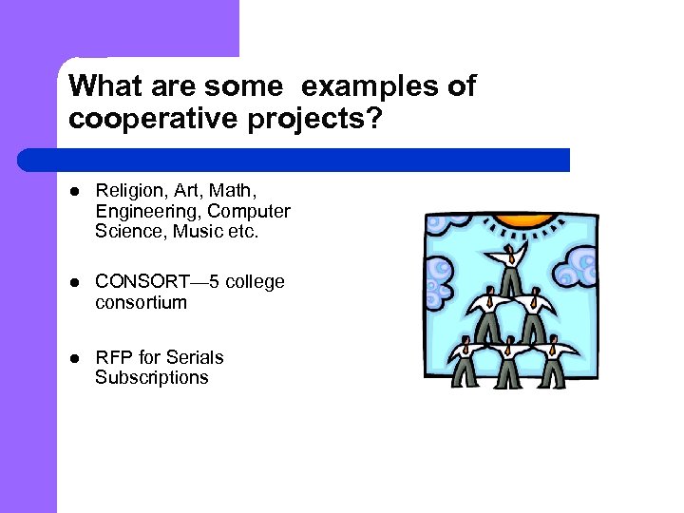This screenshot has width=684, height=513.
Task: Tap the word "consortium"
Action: pyautogui.click(x=141, y=302)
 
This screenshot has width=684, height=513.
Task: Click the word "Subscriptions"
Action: pyautogui.click(x=151, y=377)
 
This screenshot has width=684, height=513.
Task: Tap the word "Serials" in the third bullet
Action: pyautogui.click(x=195, y=357)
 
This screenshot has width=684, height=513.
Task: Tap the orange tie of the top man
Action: pyautogui.click(x=513, y=256)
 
